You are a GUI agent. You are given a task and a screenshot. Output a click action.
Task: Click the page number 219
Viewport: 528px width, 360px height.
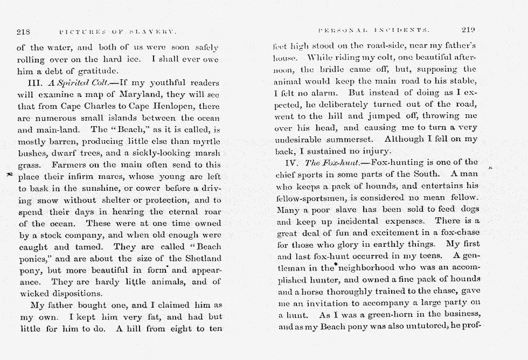point(468,30)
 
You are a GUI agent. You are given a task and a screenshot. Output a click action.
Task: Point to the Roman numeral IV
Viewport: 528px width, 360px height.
point(295,162)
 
